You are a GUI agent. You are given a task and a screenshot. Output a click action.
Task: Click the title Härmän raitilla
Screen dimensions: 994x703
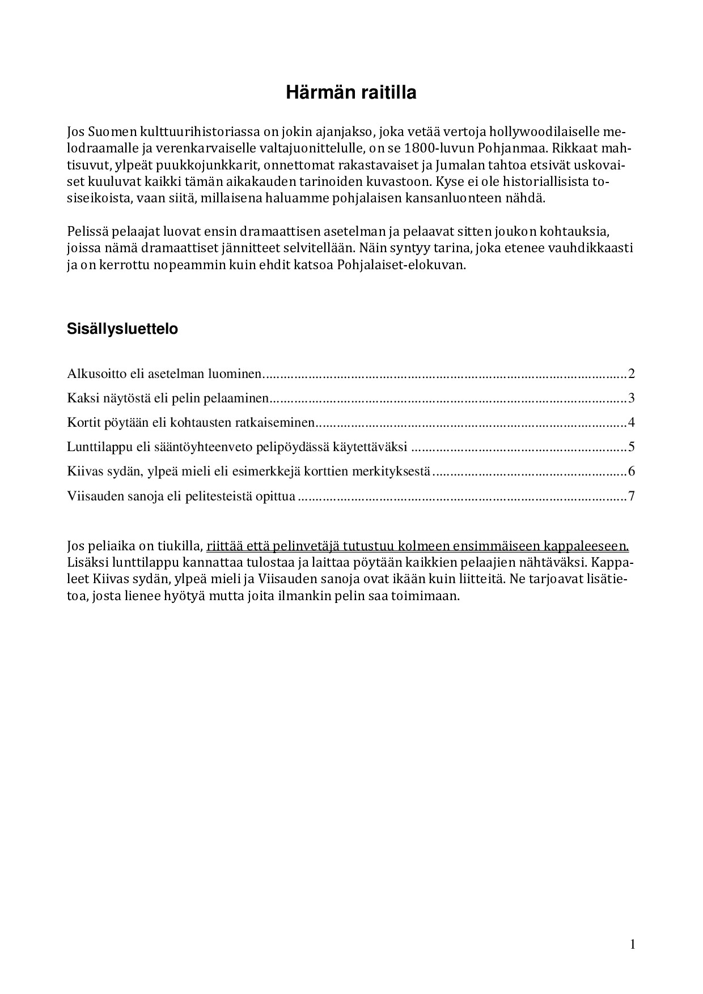tap(351, 92)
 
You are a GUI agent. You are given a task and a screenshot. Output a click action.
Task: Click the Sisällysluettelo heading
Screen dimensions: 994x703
tap(122, 329)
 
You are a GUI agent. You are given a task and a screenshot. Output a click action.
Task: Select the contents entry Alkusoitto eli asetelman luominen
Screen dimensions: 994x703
tap(164, 374)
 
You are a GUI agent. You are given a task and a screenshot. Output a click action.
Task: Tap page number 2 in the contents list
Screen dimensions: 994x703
tap(631, 374)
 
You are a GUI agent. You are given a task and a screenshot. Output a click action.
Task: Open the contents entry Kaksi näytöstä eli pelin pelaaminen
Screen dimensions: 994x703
tap(167, 398)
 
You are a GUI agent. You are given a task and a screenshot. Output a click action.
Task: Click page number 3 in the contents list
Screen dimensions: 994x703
tap(631, 398)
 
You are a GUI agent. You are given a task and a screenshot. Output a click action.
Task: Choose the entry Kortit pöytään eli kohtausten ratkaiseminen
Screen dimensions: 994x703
tap(190, 423)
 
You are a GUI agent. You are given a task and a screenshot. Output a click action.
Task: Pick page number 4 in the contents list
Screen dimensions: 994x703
tap(631, 423)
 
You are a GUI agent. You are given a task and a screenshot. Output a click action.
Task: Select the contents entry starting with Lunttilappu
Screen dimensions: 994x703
tap(237, 447)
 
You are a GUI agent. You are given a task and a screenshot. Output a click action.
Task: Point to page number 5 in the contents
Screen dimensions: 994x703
tap(631, 447)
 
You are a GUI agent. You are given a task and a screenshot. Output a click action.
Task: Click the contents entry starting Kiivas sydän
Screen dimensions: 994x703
tap(248, 471)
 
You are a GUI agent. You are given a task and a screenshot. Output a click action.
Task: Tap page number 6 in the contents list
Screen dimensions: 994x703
tap(631, 471)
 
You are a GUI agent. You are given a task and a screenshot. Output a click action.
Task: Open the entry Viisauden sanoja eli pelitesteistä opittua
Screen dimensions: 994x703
tap(181, 496)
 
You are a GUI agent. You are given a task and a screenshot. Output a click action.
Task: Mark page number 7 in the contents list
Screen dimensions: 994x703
tap(631, 496)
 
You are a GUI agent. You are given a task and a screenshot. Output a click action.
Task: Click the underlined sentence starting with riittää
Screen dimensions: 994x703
tap(418, 546)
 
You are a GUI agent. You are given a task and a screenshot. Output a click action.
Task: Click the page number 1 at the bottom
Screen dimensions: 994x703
tap(633, 944)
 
